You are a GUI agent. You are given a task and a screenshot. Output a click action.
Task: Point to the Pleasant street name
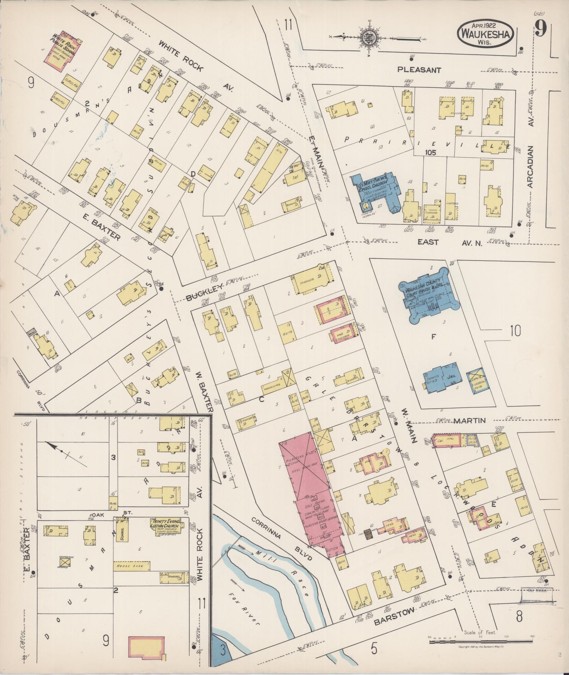(x=419, y=70)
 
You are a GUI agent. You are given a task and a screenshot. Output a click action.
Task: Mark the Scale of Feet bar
(x=482, y=641)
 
